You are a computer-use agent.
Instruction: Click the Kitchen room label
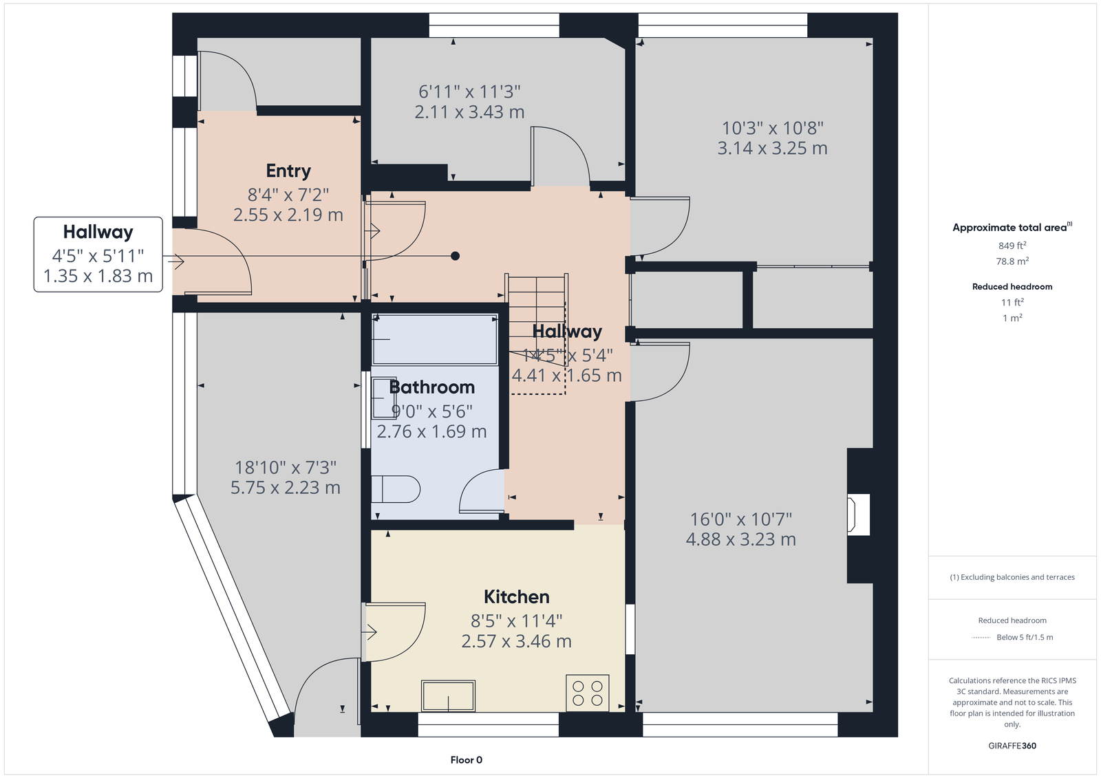(x=517, y=597)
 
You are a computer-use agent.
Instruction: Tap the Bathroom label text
(x=432, y=387)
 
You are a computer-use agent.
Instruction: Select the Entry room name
(x=288, y=171)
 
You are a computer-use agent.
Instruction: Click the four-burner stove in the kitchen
(x=588, y=693)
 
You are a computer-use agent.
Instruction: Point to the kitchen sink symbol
(x=448, y=696)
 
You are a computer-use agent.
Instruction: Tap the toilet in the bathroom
(x=396, y=489)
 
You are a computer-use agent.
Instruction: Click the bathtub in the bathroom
(x=435, y=340)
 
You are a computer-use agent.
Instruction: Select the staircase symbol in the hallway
(x=537, y=334)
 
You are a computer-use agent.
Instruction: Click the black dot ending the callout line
(x=455, y=256)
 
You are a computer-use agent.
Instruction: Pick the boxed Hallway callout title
(x=98, y=232)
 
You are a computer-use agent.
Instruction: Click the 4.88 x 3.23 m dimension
(x=740, y=539)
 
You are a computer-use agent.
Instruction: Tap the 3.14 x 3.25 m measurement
(x=772, y=149)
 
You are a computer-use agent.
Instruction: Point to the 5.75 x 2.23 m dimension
(x=286, y=488)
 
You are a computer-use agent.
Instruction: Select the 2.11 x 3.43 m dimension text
(x=469, y=112)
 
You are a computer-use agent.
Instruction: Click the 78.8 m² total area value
(x=1012, y=261)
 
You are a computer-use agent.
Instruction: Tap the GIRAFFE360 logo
(x=1012, y=746)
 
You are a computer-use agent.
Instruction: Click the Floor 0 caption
(x=467, y=760)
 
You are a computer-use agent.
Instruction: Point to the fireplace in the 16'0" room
(x=858, y=515)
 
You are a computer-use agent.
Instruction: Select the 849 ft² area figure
(x=1012, y=246)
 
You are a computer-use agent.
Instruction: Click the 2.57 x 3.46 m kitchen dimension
(x=517, y=641)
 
